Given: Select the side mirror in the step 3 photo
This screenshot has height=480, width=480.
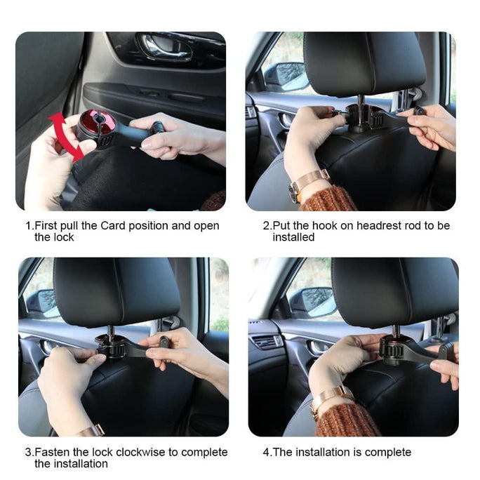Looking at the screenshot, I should [x=40, y=302].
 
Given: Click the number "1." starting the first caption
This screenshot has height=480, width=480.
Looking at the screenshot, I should [x=29, y=226].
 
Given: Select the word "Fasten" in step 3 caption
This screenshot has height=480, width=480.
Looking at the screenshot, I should [x=51, y=452].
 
